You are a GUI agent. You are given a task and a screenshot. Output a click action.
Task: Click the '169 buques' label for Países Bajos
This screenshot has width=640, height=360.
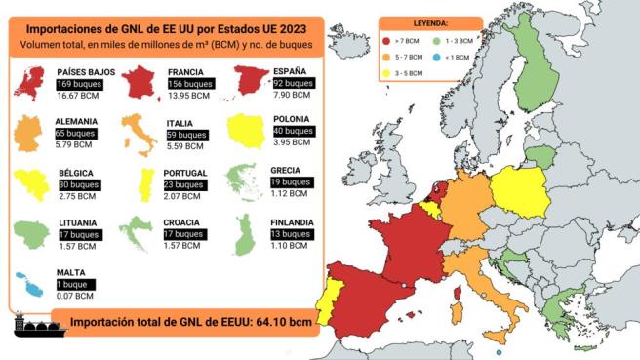pos(79,85)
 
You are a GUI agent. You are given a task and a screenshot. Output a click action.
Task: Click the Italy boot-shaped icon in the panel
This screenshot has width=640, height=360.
pos(139,135)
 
